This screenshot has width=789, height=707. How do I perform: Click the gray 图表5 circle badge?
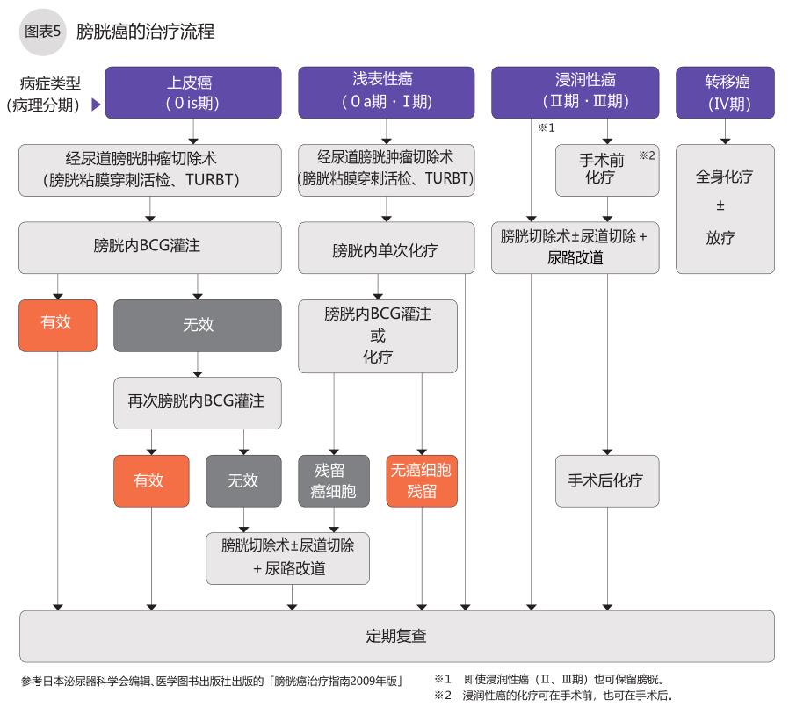(x=42, y=32)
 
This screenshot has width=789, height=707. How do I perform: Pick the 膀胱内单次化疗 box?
(x=385, y=250)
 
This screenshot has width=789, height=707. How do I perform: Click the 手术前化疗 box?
(x=607, y=170)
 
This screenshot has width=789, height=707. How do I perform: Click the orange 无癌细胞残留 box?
(x=422, y=480)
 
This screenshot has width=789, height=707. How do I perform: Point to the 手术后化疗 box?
(x=606, y=480)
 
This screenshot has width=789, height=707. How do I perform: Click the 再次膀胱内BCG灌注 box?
(x=197, y=402)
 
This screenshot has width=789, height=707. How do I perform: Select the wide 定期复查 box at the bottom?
(x=396, y=635)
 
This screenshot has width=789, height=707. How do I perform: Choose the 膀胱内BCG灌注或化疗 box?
(x=378, y=335)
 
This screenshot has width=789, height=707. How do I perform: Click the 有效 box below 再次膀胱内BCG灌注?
(x=150, y=480)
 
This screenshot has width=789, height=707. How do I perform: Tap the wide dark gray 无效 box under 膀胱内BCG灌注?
(x=197, y=326)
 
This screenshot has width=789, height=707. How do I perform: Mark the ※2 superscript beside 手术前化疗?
(x=647, y=155)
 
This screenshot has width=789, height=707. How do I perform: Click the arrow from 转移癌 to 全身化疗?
(x=725, y=133)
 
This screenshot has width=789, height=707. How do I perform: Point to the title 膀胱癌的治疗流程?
(x=145, y=32)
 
